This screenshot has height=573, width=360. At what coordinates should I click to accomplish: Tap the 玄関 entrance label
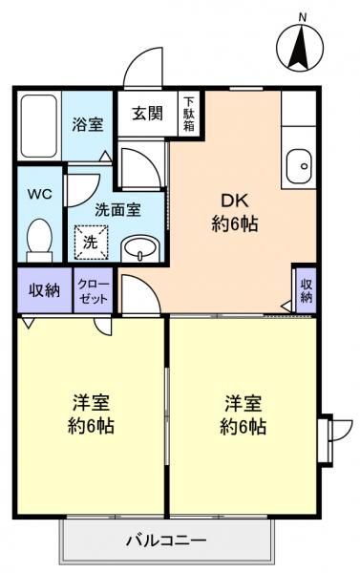tap(147, 113)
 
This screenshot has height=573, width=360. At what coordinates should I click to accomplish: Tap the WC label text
tap(39, 194)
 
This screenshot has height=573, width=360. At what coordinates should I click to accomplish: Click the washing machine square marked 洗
tap(89, 242)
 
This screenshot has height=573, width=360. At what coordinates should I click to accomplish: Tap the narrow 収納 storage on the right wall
tap(306, 289)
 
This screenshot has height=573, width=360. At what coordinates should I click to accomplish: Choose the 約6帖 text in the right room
tap(244, 427)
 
